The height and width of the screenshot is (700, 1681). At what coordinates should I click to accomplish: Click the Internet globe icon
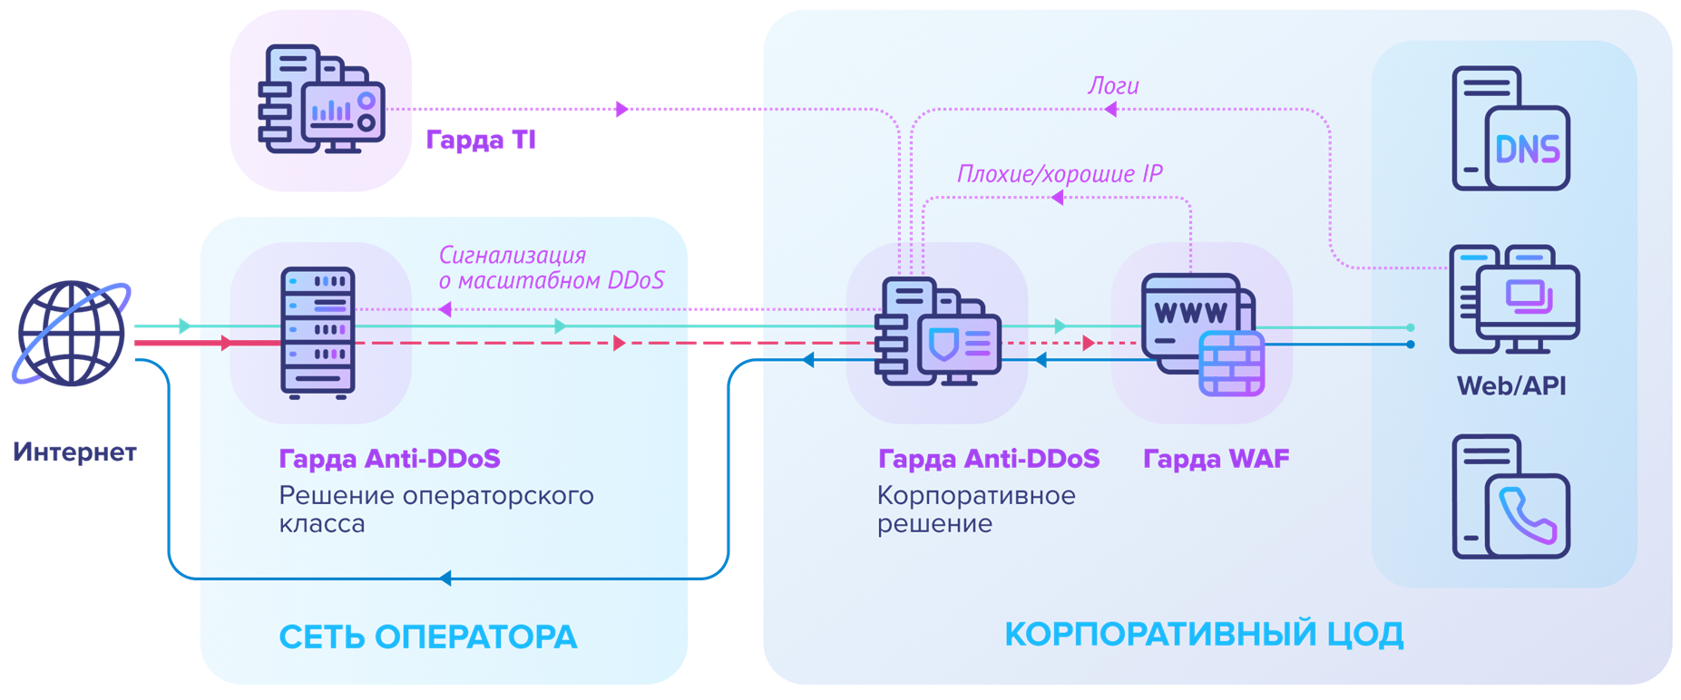click(x=71, y=333)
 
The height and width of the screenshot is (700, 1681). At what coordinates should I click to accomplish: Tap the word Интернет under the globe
click(x=74, y=452)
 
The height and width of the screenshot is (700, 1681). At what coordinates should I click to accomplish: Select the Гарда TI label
click(x=480, y=140)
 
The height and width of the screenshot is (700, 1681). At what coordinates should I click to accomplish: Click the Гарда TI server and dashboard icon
click(x=321, y=100)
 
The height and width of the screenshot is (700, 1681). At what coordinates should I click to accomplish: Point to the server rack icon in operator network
click(x=318, y=333)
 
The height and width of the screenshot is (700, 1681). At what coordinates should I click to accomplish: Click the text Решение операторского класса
click(x=435, y=510)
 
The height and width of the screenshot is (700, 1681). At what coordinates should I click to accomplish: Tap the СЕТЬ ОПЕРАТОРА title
click(x=427, y=637)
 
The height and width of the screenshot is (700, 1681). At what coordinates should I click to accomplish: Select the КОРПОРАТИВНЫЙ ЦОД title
click(x=1204, y=634)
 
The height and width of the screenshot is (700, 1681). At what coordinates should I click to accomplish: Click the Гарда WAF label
click(x=1216, y=459)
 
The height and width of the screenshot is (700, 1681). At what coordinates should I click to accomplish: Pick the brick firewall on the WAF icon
click(x=1231, y=364)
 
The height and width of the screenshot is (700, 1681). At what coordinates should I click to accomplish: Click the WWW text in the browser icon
click(x=1190, y=313)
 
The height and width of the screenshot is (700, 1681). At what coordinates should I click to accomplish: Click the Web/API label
click(x=1511, y=386)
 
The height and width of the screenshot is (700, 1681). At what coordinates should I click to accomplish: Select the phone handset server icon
click(x=1510, y=496)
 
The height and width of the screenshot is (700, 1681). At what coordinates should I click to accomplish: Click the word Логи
click(x=1113, y=86)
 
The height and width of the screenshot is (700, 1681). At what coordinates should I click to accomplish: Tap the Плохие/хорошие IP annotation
click(x=1060, y=173)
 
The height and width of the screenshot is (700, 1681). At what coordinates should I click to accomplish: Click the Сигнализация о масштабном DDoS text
click(x=551, y=267)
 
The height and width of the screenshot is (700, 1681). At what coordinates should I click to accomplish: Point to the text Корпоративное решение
click(x=975, y=510)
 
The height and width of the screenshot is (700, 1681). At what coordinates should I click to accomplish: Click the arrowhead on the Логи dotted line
click(x=1109, y=110)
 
